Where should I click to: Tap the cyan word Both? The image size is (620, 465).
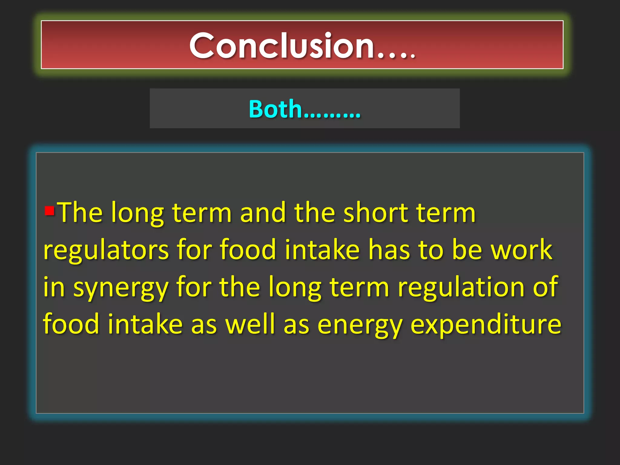[275, 109]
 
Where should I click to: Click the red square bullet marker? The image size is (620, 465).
[49, 210]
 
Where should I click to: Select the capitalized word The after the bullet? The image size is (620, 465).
[80, 213]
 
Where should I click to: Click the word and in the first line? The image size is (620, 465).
[263, 213]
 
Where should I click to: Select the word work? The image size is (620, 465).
[521, 250]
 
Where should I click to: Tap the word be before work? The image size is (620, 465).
[467, 250]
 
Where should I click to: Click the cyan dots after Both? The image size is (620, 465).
[331, 115]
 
